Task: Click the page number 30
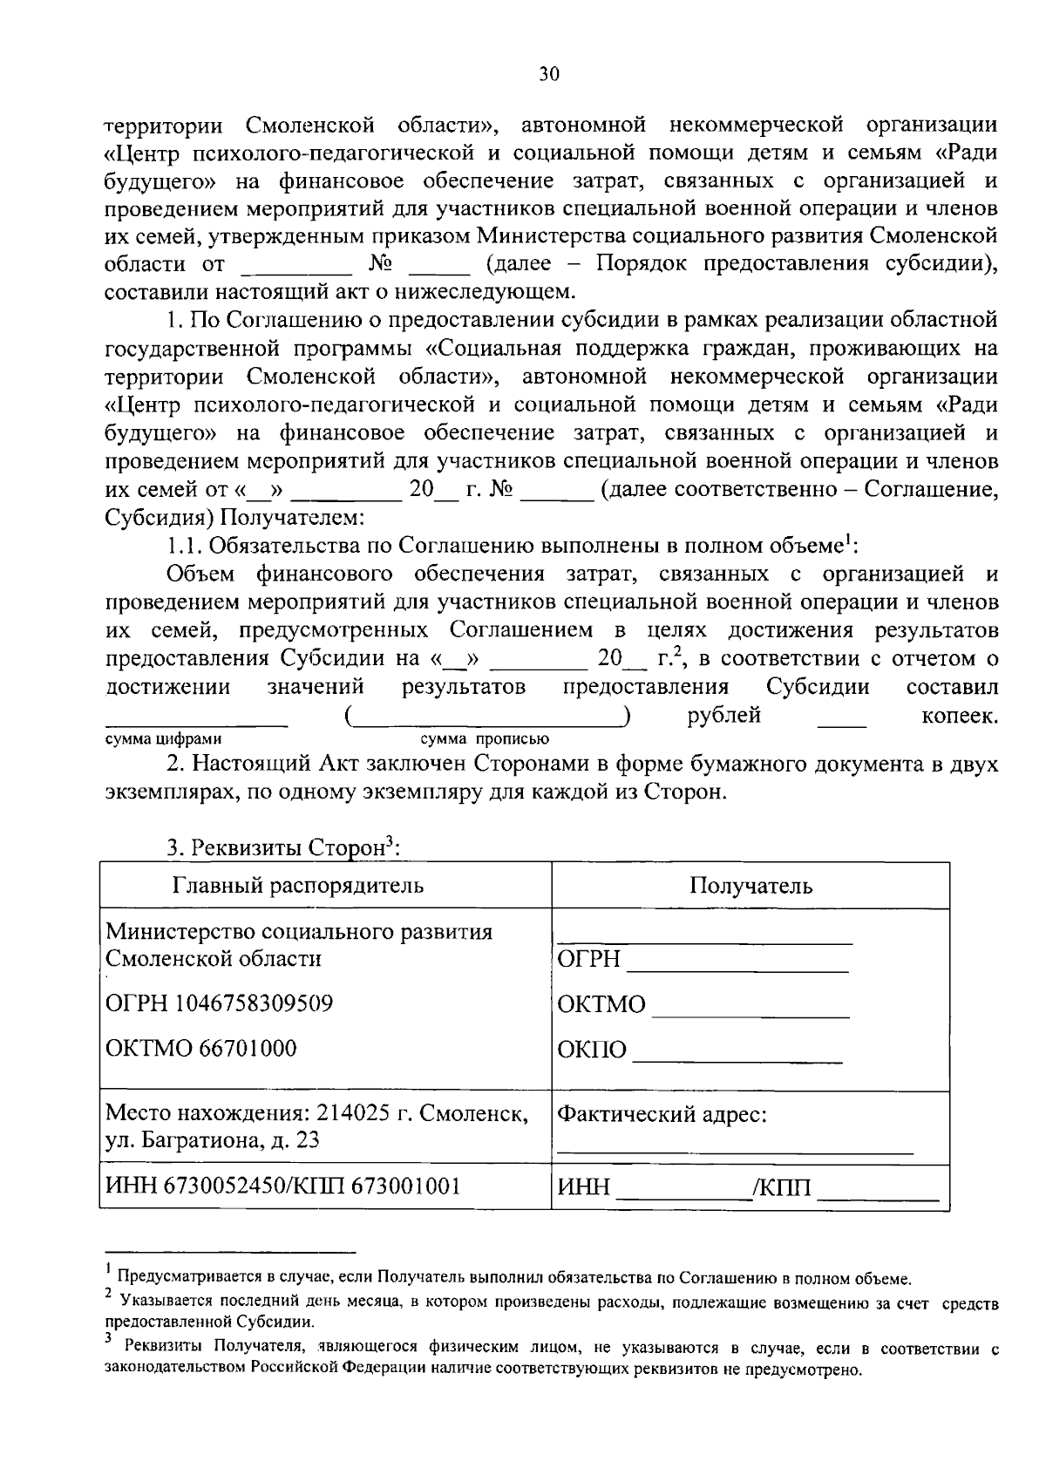pyautogui.click(x=548, y=74)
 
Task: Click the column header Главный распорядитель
pyautogui.click(x=298, y=886)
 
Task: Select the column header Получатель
pyautogui.click(x=751, y=886)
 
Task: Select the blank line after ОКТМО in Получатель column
pyautogui.click(x=751, y=1014)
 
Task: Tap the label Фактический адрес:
pyautogui.click(x=662, y=1114)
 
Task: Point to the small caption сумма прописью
pyautogui.click(x=485, y=739)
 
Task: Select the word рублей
pyautogui.click(x=723, y=716)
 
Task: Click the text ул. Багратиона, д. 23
pyautogui.click(x=212, y=1139)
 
